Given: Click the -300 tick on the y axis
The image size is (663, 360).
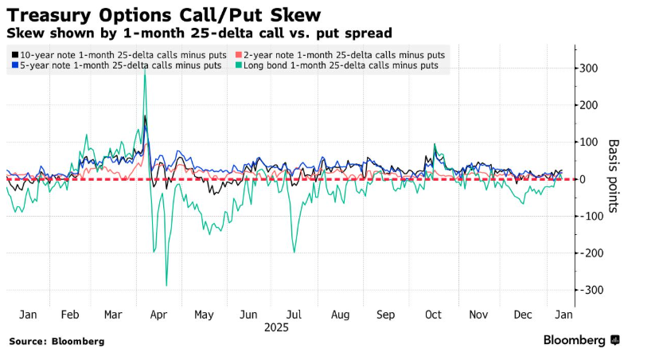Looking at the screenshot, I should [590, 290].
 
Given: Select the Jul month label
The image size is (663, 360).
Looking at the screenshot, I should [294, 315].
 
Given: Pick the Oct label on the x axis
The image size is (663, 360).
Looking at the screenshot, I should [432, 315].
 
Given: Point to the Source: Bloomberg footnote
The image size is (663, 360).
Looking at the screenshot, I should [57, 341].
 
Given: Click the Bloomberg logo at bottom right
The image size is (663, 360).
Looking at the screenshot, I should [581, 340].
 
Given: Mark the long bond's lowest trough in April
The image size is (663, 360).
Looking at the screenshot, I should [166, 285].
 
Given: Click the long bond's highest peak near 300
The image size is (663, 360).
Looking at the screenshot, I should [144, 72].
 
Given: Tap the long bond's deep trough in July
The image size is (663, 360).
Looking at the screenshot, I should [294, 252].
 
